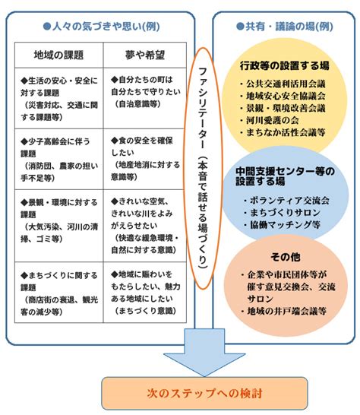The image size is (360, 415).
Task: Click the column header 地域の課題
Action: pos(58,55)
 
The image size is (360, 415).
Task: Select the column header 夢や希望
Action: pos(145,55)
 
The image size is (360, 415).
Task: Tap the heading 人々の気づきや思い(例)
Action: pos(101,26)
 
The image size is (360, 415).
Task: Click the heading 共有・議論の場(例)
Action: pos(285,26)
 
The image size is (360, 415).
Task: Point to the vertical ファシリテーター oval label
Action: pos(203,168)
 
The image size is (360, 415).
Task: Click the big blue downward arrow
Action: pos(204,353)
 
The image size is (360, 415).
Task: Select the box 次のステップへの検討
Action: pos(204,393)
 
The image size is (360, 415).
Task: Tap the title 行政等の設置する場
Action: pos(285,65)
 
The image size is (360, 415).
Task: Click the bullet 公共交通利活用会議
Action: pos(283,84)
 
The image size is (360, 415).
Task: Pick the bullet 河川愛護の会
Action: pos(270,120)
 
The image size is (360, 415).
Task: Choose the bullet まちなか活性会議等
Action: pos(283,132)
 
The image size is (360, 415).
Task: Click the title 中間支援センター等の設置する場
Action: pos(285,176)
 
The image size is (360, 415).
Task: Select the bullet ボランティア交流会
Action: pos(287,201)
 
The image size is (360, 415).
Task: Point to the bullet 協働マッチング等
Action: pos(283,225)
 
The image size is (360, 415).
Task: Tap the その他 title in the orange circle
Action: pos(286,257)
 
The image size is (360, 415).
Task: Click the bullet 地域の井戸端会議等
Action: pos(283,311)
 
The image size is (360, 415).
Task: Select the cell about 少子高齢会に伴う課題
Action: pos(59,160)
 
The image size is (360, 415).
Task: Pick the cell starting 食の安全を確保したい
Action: pos(145,160)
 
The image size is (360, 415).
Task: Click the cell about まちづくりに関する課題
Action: pos(59,293)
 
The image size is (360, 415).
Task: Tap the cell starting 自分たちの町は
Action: pos(145,98)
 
